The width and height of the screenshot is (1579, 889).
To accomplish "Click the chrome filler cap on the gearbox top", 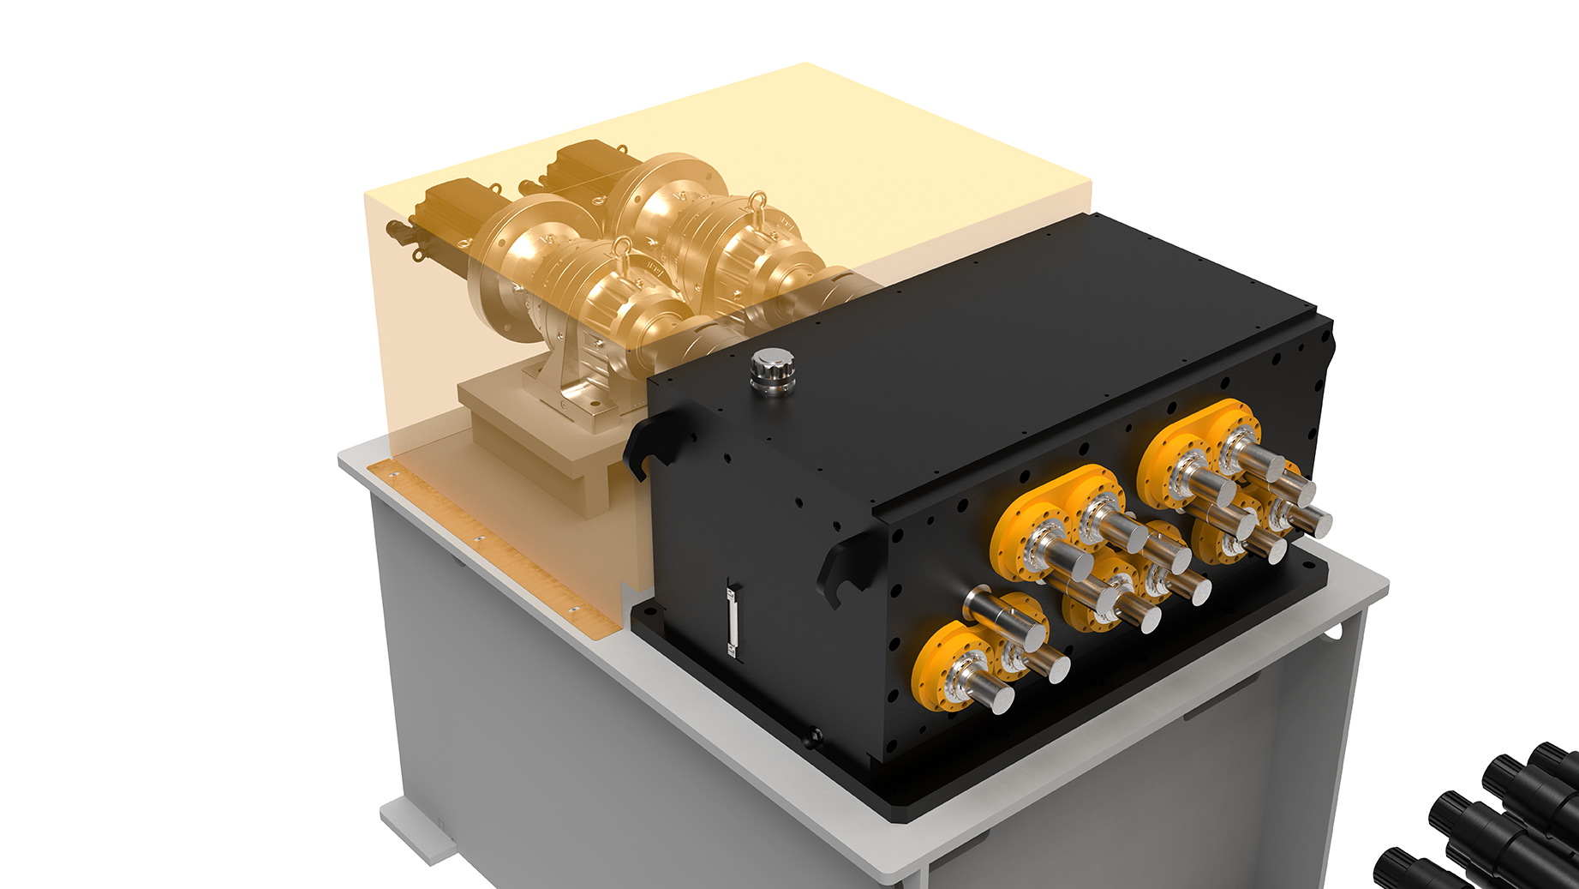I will point(772,370).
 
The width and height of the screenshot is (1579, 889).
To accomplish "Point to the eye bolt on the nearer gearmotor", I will point(623,251).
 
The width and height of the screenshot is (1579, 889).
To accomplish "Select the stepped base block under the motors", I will point(548,446).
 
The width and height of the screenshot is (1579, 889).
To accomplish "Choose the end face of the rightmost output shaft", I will point(1317,521).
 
